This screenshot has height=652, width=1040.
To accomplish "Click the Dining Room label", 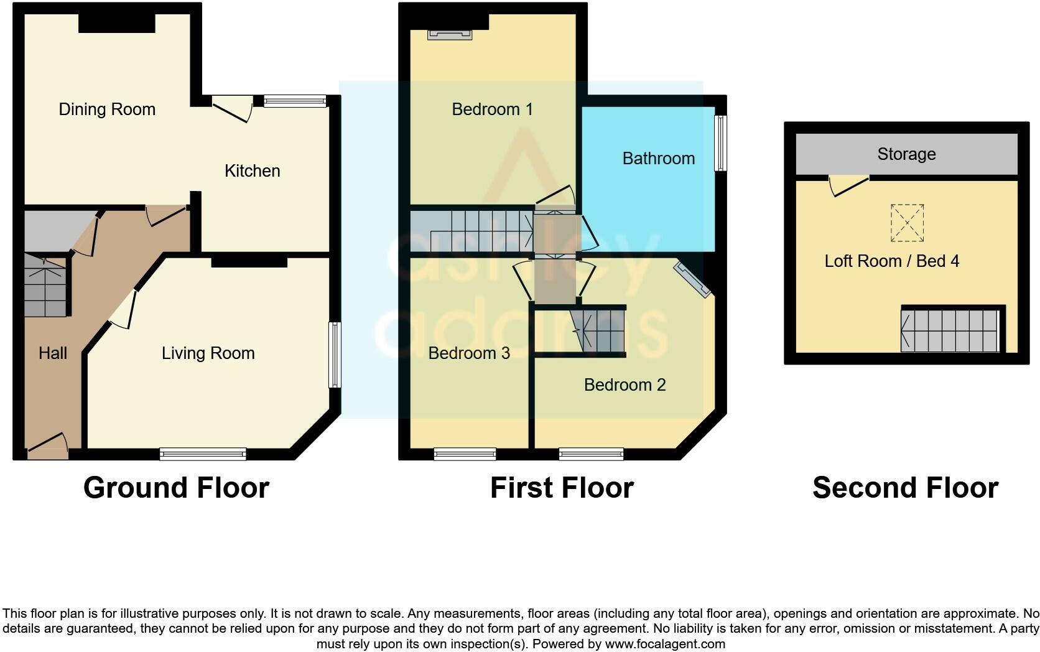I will point(107,109).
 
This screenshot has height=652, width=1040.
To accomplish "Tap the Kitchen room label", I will point(252,170).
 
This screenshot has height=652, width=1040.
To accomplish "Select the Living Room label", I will point(208,353).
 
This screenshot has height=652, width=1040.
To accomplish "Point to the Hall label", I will point(53,353).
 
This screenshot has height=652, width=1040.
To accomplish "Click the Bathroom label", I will point(658,158).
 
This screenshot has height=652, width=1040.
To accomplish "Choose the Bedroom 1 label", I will point(492,109).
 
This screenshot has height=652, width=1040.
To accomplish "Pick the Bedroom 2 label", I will point(624,384).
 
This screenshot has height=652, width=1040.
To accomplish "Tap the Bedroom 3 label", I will point(469,353).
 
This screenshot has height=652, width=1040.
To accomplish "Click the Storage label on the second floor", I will point(906,154).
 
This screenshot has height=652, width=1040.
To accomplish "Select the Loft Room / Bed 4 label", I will point(891,261).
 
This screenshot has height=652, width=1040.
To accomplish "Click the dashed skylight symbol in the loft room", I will point(907,223).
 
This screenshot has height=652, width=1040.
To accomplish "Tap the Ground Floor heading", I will point(176,488).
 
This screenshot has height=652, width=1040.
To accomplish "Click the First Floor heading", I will point(562,488).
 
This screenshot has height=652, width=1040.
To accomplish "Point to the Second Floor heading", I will point(905,488).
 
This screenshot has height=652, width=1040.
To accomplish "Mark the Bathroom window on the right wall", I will point(720,143).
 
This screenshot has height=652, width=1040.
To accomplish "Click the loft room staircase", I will point(950,330).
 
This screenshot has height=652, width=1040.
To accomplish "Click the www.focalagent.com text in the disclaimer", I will point(664,644).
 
